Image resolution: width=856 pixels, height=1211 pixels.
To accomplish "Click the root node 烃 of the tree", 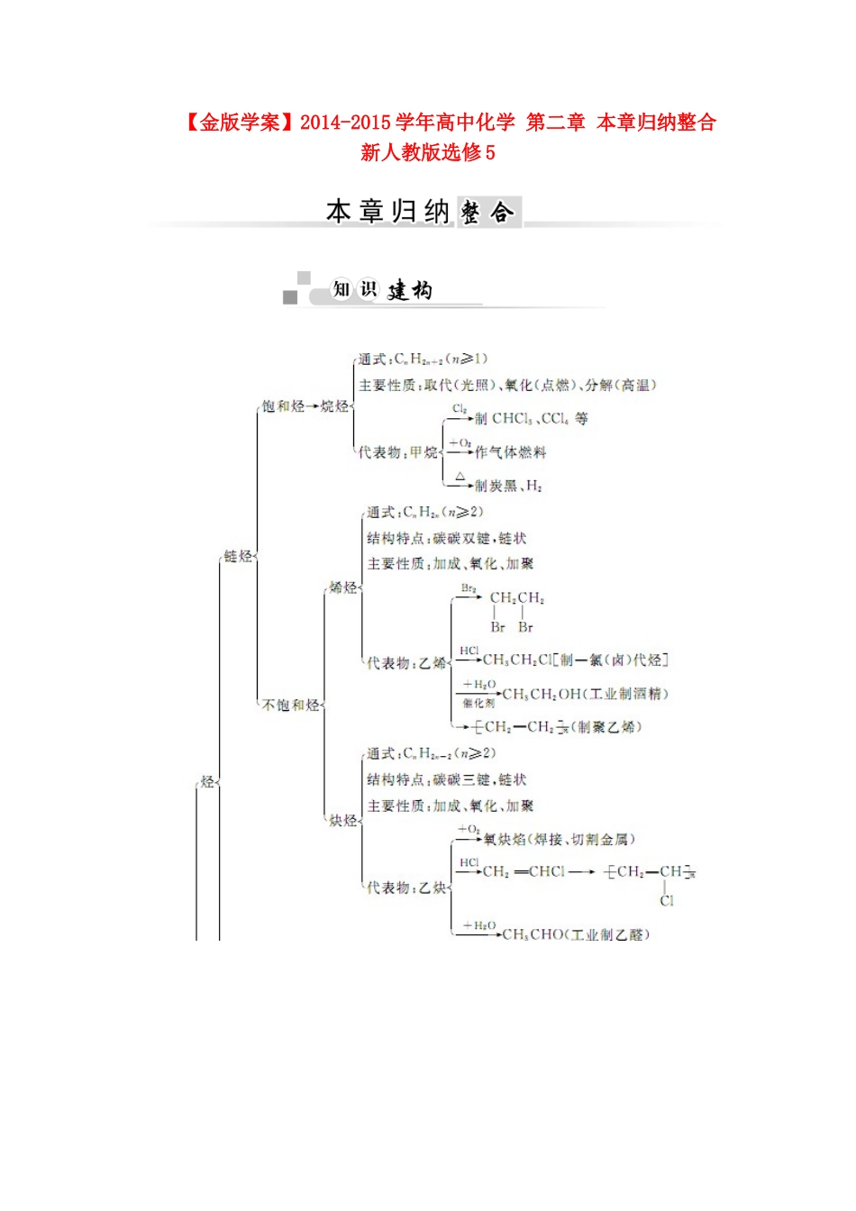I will [x=207, y=782].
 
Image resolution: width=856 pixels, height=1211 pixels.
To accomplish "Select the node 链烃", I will [x=238, y=556].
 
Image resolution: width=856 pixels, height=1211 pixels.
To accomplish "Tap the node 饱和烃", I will [x=282, y=406].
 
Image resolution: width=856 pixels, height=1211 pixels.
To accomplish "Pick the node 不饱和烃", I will [x=290, y=705].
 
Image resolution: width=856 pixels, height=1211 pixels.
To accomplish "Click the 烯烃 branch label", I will [x=342, y=587].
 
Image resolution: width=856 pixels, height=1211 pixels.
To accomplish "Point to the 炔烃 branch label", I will [x=342, y=821].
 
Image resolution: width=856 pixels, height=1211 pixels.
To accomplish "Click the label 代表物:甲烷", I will [x=398, y=452].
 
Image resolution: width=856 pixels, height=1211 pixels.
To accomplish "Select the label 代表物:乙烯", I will [x=406, y=663].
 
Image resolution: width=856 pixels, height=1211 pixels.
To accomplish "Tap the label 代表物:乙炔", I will [x=406, y=888].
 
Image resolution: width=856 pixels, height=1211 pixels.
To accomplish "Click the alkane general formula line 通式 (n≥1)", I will [x=423, y=359].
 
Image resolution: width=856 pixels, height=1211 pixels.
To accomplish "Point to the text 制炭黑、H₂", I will [x=508, y=486].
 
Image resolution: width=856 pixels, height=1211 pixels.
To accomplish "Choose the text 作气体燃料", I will [x=510, y=452].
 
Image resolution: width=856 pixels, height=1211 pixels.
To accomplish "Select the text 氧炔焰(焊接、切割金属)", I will [x=560, y=839].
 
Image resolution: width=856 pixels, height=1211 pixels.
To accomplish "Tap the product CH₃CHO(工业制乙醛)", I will [x=576, y=934].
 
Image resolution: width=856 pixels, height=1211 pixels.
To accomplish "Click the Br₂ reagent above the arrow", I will [x=469, y=588].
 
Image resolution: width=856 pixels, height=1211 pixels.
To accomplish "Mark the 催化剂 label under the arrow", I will [x=478, y=704].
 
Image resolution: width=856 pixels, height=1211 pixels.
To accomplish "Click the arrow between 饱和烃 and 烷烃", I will [x=313, y=406].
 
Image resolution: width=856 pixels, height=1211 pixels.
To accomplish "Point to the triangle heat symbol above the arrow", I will [x=460, y=476].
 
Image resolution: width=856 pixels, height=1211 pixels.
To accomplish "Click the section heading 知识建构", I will [x=382, y=289].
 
